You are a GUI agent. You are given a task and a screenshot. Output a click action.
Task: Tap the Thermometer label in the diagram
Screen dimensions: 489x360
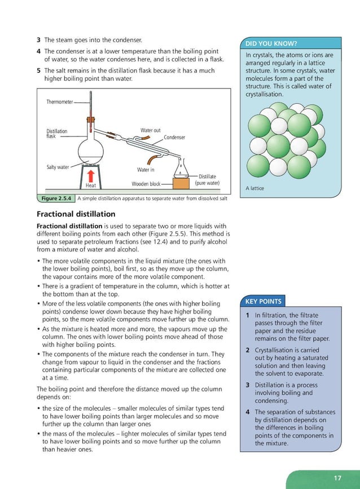tap(59, 102)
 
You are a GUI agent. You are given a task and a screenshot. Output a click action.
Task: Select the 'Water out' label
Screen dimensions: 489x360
tap(150, 131)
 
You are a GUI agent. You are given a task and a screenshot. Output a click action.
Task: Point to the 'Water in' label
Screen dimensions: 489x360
tap(146, 169)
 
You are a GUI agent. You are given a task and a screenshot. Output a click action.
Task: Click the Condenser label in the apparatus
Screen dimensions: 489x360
tap(174, 138)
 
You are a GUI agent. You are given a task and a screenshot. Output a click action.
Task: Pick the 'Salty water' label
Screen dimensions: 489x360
tap(57, 167)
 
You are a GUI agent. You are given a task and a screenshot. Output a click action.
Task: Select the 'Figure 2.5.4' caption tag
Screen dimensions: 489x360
tap(55, 199)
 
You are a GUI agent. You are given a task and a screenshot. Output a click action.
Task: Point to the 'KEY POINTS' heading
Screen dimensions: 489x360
tap(264, 302)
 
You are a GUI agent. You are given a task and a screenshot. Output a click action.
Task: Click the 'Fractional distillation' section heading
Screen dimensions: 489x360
tap(76, 214)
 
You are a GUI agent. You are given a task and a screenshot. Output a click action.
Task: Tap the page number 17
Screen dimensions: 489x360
tap(337, 478)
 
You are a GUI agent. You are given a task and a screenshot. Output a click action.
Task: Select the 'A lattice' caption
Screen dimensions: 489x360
tap(255, 188)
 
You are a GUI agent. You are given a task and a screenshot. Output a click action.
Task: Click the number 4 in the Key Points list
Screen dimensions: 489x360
tap(248, 412)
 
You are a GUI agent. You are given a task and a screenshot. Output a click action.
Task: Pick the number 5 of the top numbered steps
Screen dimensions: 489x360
tap(38, 71)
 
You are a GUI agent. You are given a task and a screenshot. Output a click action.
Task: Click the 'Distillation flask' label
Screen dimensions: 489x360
tap(56, 134)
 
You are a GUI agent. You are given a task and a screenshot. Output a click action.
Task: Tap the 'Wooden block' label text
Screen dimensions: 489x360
tap(146, 184)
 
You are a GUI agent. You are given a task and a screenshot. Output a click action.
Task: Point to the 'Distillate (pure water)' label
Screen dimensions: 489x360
tap(207, 180)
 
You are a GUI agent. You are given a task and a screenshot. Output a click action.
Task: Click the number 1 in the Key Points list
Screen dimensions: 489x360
tap(248, 315)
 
